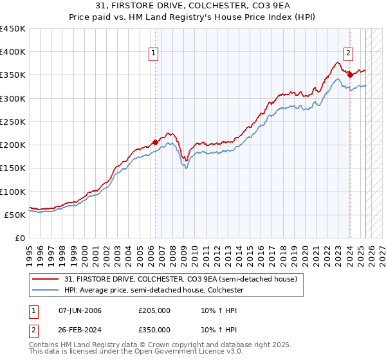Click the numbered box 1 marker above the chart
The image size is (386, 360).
[x=154, y=53]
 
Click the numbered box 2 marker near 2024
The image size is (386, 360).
[x=347, y=53]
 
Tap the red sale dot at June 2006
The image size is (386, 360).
[x=155, y=142]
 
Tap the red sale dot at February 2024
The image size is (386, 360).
[x=350, y=75]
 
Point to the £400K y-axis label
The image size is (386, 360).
[x=13, y=52]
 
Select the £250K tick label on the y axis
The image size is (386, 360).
[x=13, y=122]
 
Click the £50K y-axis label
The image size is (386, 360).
[x=15, y=215]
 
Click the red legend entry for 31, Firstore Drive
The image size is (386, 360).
[x=180, y=279]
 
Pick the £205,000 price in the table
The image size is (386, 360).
[x=154, y=310]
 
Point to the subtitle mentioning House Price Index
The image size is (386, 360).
[x=193, y=19]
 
